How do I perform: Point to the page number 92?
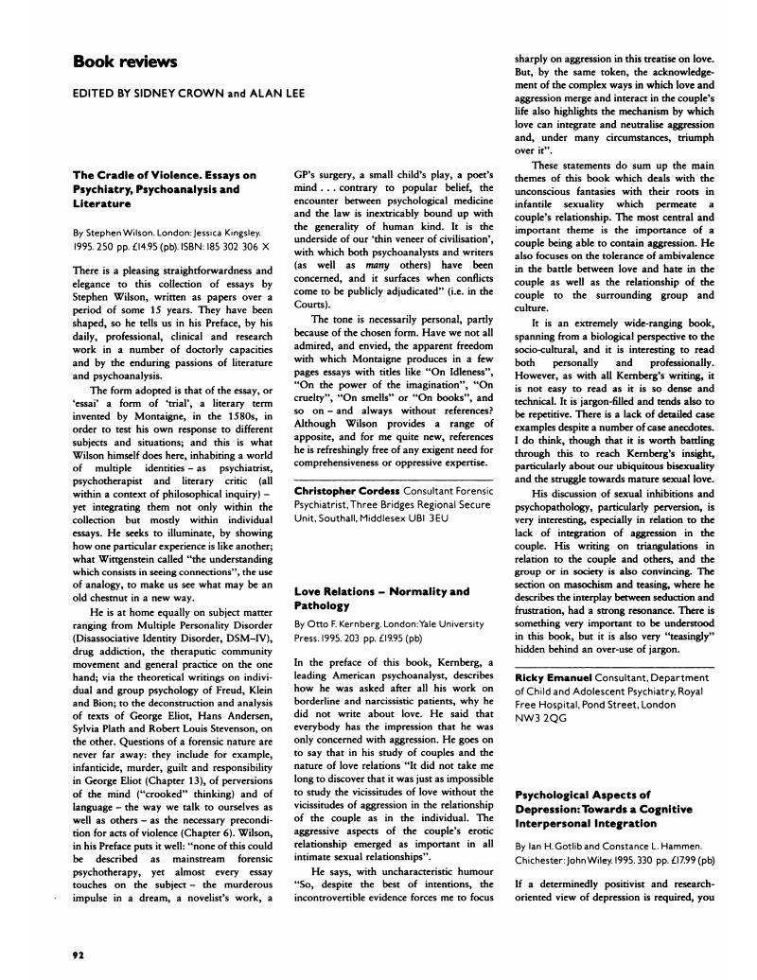click(79, 955)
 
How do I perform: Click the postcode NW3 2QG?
click(542, 717)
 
